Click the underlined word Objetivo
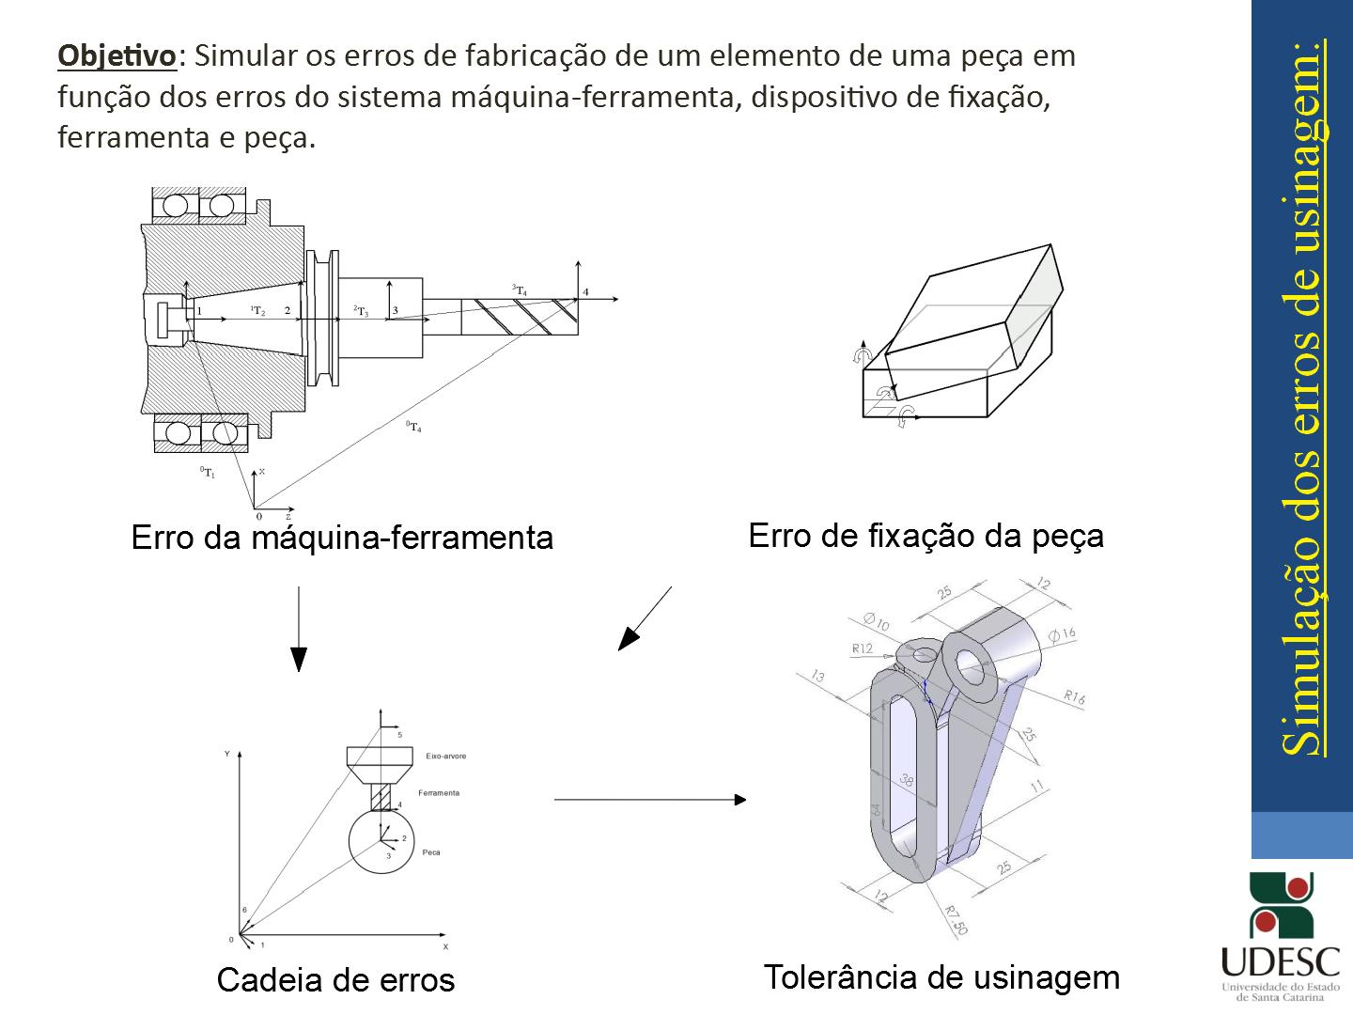tap(117, 55)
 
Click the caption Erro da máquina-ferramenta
tap(342, 538)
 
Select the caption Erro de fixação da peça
tap(925, 536)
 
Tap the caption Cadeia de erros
tap(335, 980)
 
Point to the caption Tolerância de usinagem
tap(941, 977)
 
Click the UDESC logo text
tap(1280, 960)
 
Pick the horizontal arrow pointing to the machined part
tap(650, 800)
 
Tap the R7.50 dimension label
tap(955, 921)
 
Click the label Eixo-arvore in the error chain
tap(445, 756)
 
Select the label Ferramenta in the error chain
tap(439, 793)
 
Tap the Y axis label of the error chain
tap(226, 755)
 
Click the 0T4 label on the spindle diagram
tap(413, 428)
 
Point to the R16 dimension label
tap(1074, 696)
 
